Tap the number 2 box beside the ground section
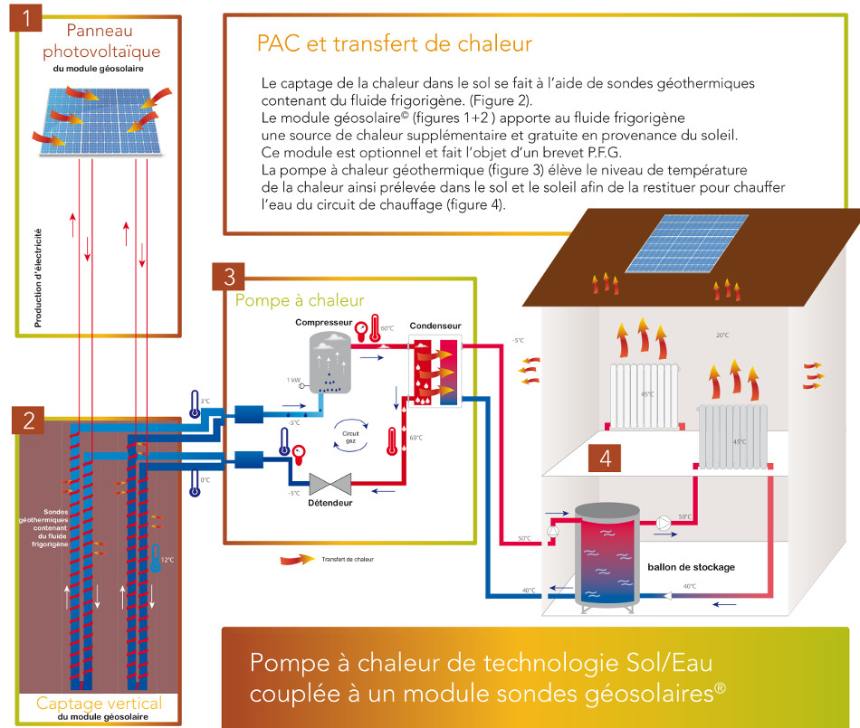coord(30,420)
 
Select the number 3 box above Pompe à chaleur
coord(229,276)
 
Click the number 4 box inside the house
coord(605,458)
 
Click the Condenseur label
coord(434,326)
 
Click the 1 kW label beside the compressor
coord(295,380)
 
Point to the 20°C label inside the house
coord(722,335)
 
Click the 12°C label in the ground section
coord(167,560)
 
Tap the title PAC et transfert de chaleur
coord(394,43)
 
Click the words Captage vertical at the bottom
coord(99,703)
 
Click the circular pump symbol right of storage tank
coord(664,523)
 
